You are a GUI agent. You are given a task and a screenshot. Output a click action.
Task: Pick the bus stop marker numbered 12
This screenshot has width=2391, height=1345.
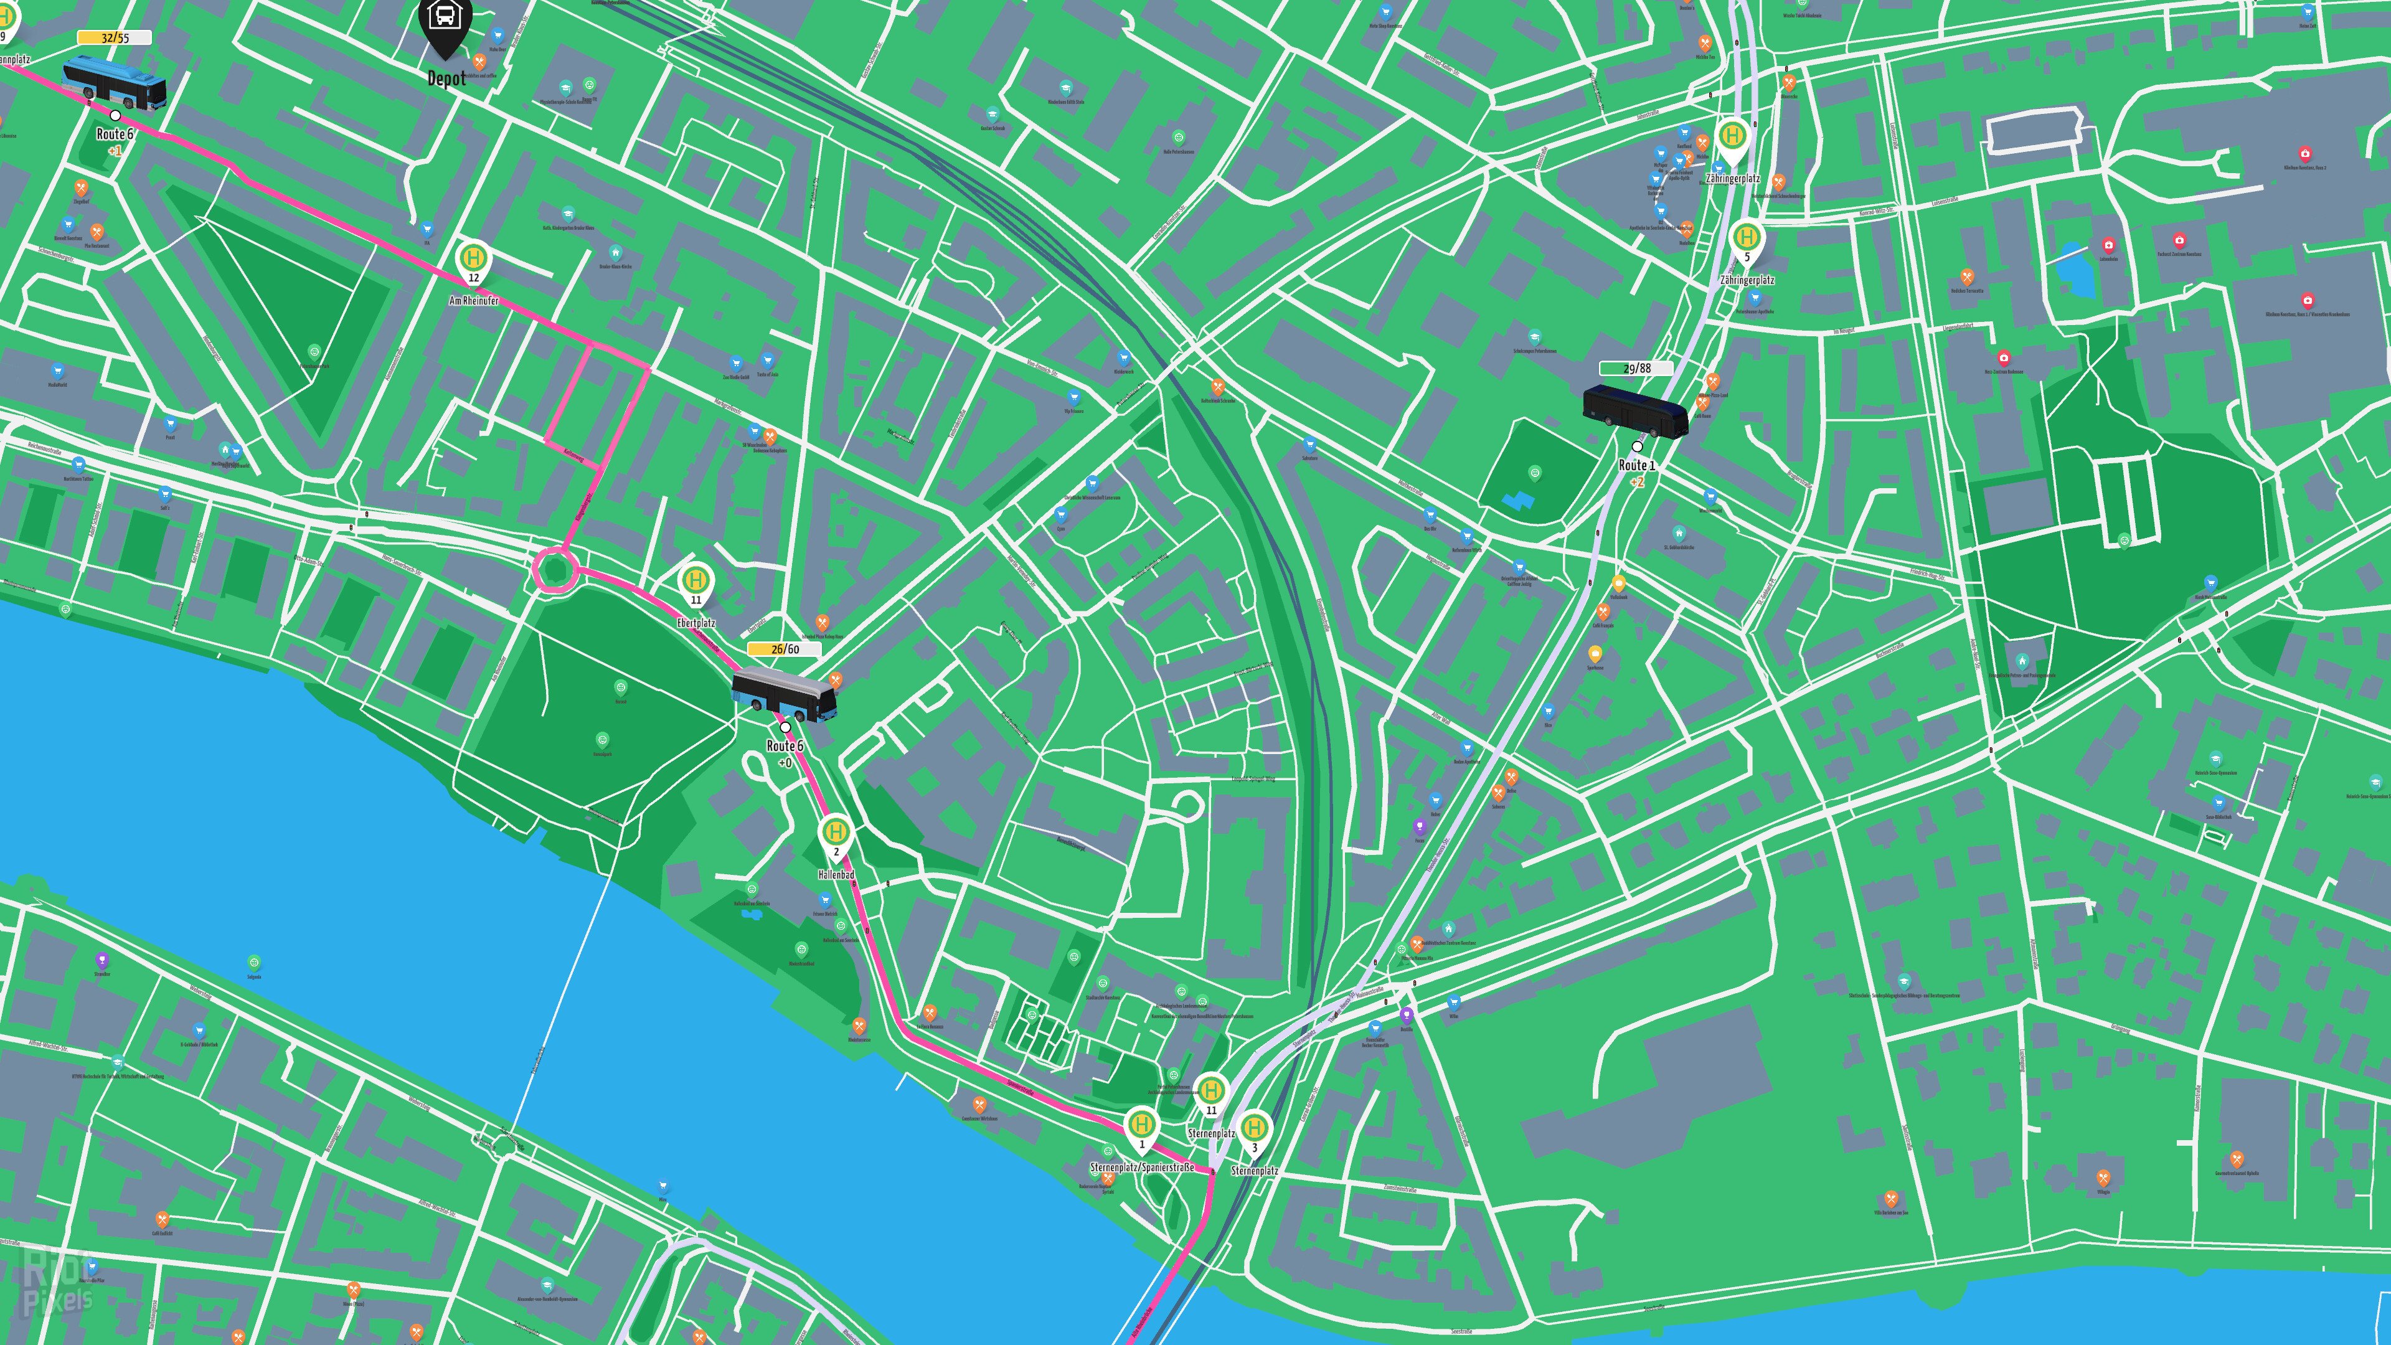473,260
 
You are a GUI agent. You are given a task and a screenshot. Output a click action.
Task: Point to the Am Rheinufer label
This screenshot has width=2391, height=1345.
473,301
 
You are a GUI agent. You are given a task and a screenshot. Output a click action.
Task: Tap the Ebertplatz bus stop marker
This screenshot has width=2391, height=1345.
696,583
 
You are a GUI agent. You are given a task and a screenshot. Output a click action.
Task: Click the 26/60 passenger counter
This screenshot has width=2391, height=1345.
785,649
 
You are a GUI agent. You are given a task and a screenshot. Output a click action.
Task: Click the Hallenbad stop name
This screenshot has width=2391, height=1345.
836,874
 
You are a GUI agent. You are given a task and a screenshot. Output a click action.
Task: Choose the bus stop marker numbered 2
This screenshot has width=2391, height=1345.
836,834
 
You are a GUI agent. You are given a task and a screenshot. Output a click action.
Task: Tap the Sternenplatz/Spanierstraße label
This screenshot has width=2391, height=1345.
1142,1167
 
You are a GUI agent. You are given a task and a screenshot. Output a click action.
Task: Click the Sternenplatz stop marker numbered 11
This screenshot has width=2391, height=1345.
1210,1093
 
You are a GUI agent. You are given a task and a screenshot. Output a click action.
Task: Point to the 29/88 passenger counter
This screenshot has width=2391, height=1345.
1636,369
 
